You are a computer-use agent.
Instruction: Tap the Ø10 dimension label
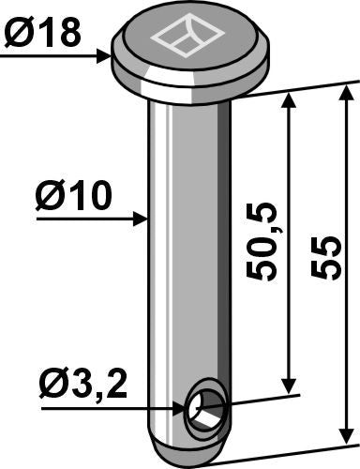pos(74,197)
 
